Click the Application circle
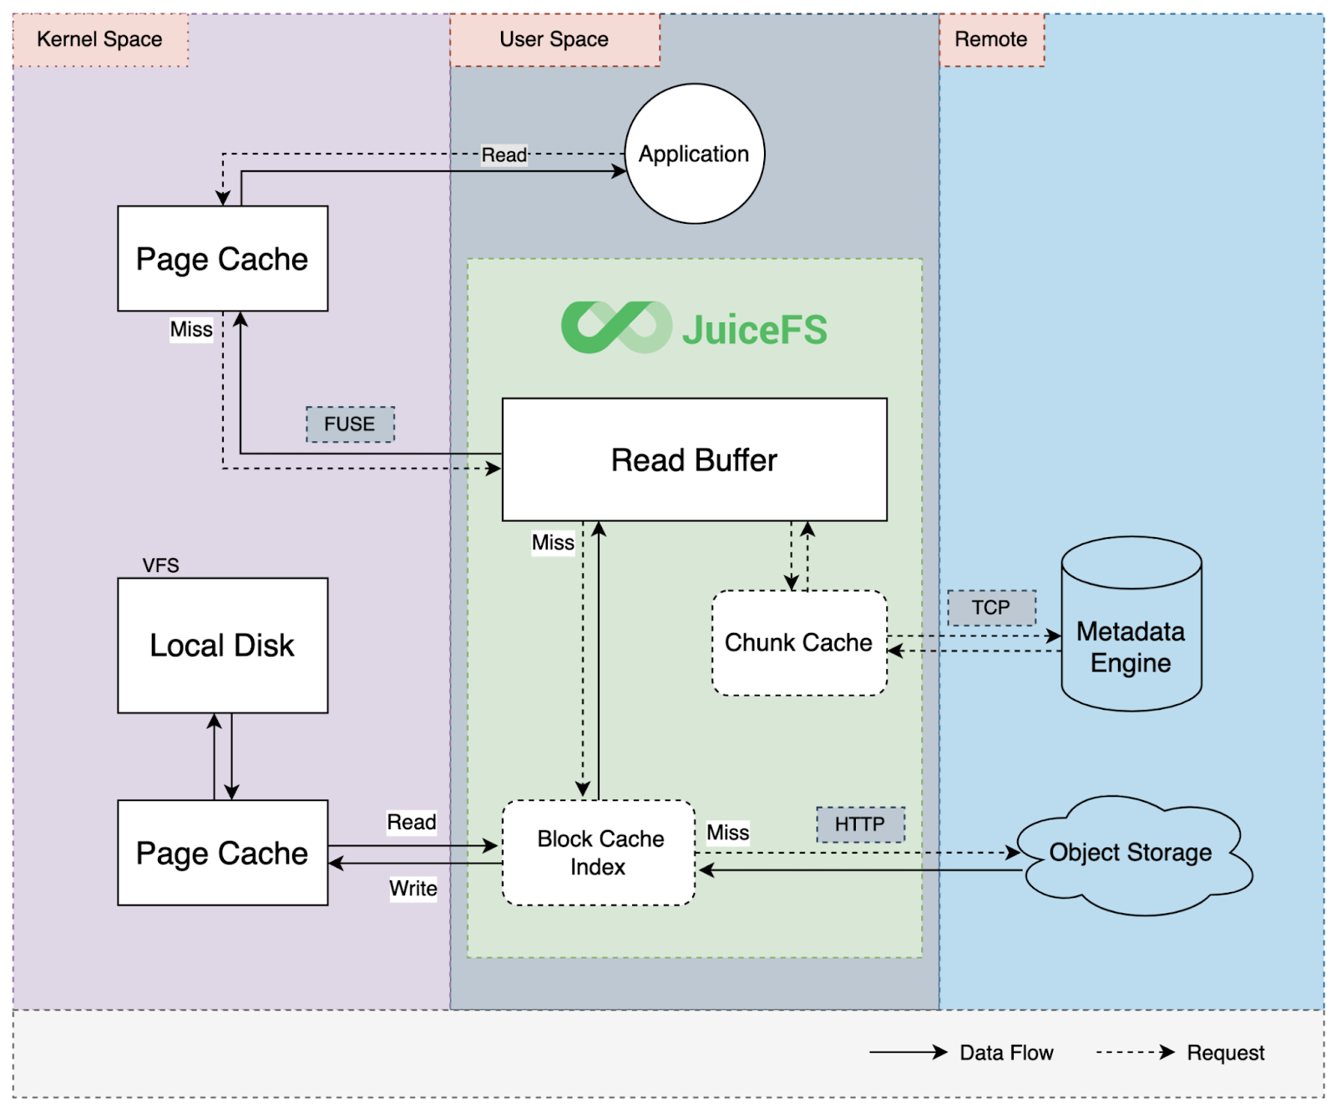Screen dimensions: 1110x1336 [694, 154]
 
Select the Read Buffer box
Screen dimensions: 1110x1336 [694, 459]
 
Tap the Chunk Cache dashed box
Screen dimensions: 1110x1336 [798, 642]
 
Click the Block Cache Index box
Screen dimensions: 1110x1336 [599, 853]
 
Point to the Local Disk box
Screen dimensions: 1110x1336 [222, 645]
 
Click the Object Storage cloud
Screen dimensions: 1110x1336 [1131, 853]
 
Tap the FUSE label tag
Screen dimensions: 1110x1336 [350, 424]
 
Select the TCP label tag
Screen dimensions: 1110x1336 [991, 607]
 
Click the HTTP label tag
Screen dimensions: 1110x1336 [860, 824]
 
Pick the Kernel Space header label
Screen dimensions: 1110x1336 [100, 39]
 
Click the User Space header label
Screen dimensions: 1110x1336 [554, 39]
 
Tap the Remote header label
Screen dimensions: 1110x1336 [991, 39]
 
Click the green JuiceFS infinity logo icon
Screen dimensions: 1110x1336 [616, 327]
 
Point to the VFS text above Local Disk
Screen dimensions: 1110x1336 [160, 565]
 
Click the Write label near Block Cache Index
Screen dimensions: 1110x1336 [413, 888]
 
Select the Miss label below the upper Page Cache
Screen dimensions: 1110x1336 [191, 329]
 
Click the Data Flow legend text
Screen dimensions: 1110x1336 [1006, 1052]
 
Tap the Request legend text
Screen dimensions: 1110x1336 [1225, 1052]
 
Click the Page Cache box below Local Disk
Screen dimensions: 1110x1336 [222, 853]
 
